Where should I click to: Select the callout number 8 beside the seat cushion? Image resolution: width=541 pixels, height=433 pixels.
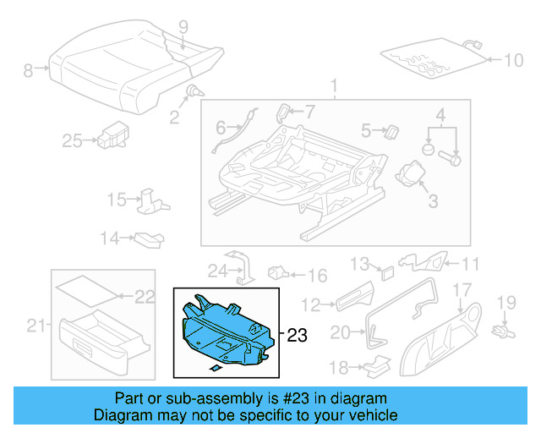coord(28,71)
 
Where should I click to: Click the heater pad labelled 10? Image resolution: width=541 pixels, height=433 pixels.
coord(434,56)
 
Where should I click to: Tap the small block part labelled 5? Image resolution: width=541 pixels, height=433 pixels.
coord(391,130)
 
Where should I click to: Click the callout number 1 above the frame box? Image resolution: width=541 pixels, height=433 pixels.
coord(334,86)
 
